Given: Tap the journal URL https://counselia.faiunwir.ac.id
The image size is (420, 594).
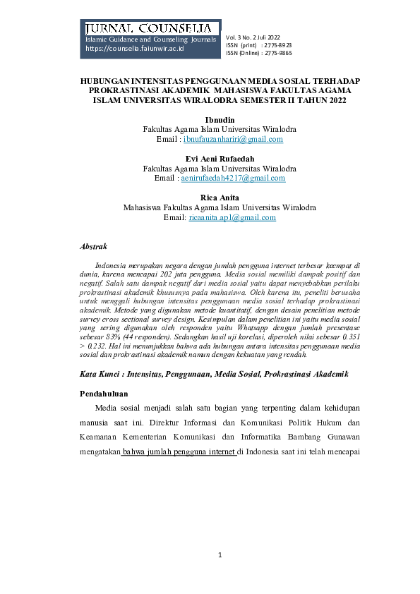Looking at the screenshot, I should click(134, 50).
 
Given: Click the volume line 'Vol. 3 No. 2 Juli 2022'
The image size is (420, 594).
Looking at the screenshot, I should click(253, 37).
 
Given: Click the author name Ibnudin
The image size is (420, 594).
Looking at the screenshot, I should click(219, 121).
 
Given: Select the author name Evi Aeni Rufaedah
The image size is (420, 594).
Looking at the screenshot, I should click(220, 159).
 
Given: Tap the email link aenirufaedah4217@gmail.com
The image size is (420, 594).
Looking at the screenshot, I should click(233, 178).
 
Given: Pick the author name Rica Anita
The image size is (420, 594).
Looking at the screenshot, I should click(220, 198).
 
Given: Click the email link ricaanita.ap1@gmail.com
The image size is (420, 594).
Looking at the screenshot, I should click(232, 218).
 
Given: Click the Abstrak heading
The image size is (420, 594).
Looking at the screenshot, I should click(94, 247).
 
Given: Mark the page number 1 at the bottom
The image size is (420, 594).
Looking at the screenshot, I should click(220, 556).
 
